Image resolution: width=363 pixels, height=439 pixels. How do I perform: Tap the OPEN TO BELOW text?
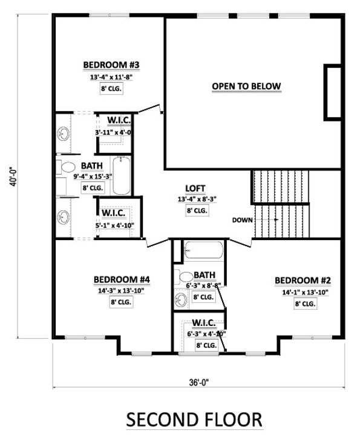point(246,86)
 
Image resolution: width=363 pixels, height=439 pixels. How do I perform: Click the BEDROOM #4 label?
point(122,279)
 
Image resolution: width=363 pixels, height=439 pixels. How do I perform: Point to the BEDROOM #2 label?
point(303,281)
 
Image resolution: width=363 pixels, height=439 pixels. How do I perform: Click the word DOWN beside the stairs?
point(242,219)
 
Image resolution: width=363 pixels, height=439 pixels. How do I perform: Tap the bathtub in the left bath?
point(120,176)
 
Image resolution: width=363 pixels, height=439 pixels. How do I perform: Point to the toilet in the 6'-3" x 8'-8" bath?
point(184,278)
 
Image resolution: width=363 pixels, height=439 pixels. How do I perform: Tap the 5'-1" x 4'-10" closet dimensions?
point(113,225)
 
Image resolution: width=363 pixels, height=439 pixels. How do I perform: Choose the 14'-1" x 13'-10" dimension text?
point(303,292)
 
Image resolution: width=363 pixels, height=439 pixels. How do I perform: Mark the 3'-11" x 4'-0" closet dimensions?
point(113,131)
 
